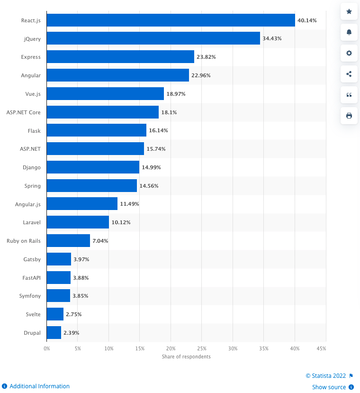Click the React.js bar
point(171,20)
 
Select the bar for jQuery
point(153,38)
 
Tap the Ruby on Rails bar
point(68,241)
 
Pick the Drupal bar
point(54,333)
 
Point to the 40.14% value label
point(307,20)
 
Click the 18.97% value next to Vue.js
point(176,94)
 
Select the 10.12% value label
point(121,222)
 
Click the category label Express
point(31,57)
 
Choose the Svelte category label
point(33,314)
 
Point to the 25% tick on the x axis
point(202,348)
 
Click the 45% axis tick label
point(321,348)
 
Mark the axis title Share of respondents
point(186,356)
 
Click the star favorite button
point(349,11)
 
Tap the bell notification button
point(349,32)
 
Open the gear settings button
point(349,53)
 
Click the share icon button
point(349,74)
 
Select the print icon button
point(349,116)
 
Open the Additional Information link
point(39,386)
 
